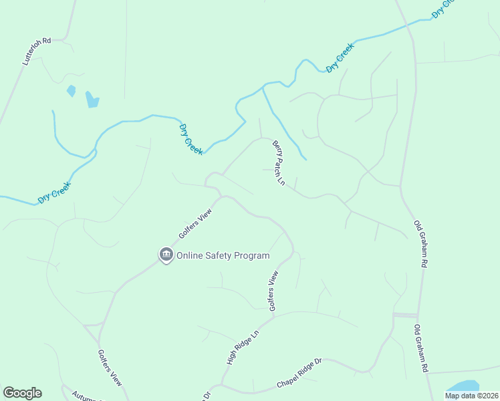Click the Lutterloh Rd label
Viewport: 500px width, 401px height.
[x=37, y=51]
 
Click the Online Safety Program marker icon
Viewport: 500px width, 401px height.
[x=165, y=255]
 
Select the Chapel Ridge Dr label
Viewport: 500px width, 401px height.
[x=299, y=374]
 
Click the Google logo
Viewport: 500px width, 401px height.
[x=22, y=393]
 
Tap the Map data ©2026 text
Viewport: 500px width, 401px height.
[x=471, y=396]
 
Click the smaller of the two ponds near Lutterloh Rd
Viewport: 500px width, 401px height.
[x=71, y=91]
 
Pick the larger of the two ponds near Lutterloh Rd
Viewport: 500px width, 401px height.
[x=92, y=100]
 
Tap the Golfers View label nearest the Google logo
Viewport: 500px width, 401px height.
[x=110, y=368]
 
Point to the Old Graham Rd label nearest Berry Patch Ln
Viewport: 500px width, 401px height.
[x=420, y=245]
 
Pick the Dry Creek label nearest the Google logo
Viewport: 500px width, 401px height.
[x=53, y=193]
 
